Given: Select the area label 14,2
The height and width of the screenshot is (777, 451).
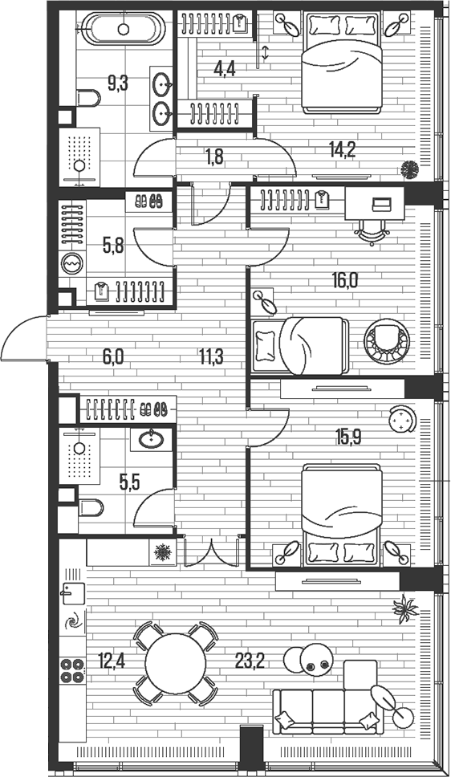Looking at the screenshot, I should coord(343,147).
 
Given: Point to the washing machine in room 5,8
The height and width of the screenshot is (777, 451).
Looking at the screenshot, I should coord(72,264).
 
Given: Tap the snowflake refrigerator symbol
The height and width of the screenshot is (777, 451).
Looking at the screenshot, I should coord(164,552).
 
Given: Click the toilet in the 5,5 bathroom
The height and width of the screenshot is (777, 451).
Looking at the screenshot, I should coord(90,509).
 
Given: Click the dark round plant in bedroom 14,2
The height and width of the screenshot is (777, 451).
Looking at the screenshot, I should coord(410,169).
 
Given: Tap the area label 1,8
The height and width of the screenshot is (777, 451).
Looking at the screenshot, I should coord(213,157).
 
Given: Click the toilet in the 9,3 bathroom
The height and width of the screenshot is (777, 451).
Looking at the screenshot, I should coord(89,98).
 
